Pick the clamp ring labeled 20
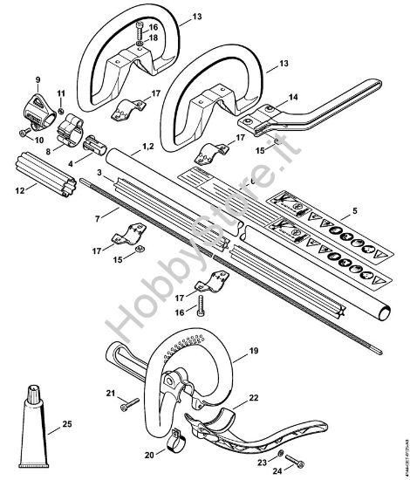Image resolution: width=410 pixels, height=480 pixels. point(174,433)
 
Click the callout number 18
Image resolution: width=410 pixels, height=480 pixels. point(153,38)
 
